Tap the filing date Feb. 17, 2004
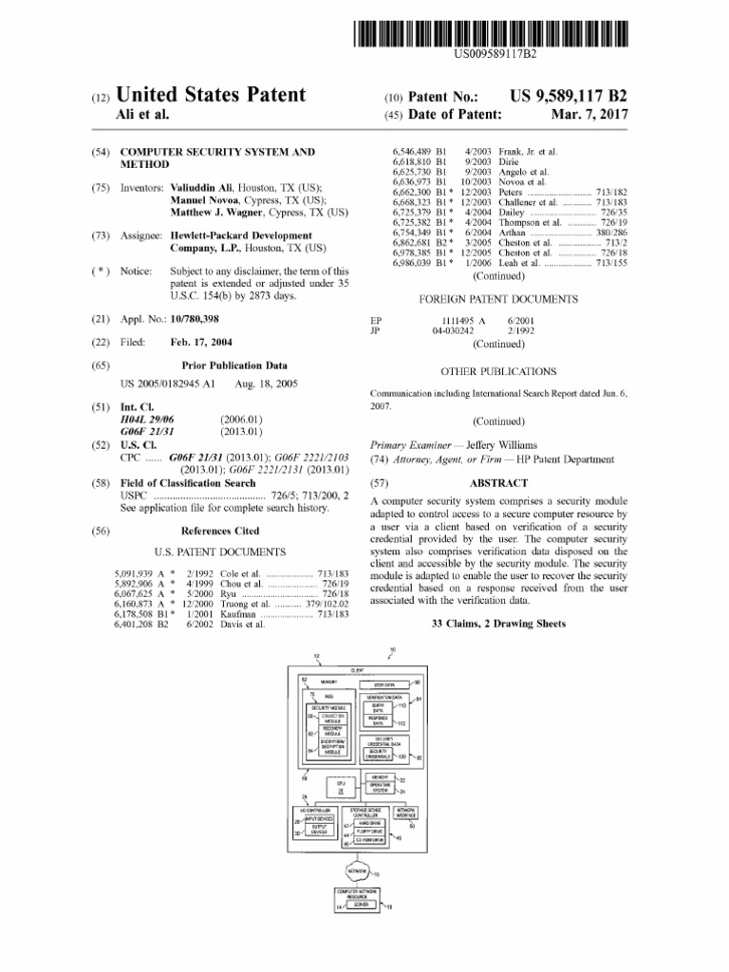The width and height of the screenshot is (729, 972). coord(202,342)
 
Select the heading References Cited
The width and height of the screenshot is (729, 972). coord(219,531)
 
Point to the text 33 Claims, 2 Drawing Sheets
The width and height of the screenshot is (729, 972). coord(498,624)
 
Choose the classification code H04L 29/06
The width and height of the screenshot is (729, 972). coord(147,419)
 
